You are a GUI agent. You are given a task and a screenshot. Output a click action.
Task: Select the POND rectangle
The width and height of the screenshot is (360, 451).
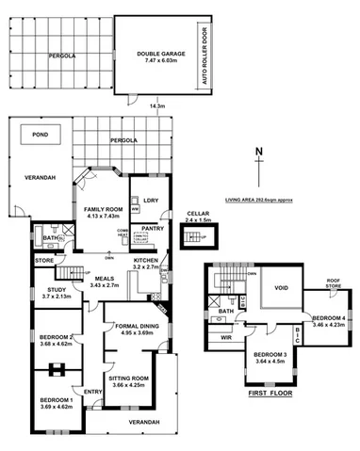tap(40, 135)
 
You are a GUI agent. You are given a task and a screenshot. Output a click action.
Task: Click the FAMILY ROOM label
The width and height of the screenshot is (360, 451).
tap(103, 209)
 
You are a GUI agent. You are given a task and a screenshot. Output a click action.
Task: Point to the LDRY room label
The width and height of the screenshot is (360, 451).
tap(151, 198)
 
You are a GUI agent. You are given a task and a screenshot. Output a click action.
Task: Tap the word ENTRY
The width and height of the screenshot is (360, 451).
tap(92, 392)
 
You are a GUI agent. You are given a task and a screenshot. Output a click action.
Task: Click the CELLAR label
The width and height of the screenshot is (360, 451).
tap(198, 215)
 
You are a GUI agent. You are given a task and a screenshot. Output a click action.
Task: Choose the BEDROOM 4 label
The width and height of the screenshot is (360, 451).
tap(329, 318)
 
